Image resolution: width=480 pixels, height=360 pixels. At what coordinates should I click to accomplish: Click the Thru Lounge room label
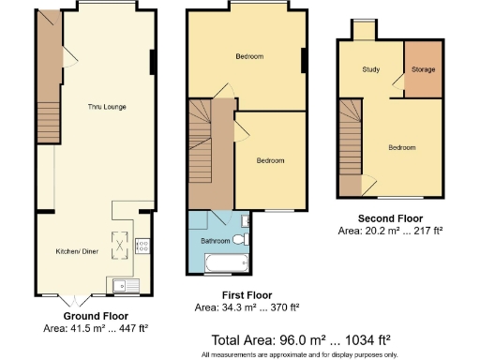(x=96, y=107)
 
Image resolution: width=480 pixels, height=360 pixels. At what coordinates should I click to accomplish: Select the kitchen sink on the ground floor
(x=124, y=285)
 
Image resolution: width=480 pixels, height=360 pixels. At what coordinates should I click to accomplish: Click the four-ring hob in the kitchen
(x=143, y=247)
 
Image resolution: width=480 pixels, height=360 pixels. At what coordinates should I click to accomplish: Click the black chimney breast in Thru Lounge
(x=153, y=61)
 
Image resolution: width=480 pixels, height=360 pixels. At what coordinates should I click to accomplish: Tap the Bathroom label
(x=215, y=241)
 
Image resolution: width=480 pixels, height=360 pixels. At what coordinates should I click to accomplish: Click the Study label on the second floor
(x=371, y=70)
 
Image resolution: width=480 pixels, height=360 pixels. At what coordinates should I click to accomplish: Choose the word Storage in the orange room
(x=422, y=69)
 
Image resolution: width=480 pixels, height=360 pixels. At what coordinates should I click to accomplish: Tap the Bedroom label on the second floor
(x=402, y=147)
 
